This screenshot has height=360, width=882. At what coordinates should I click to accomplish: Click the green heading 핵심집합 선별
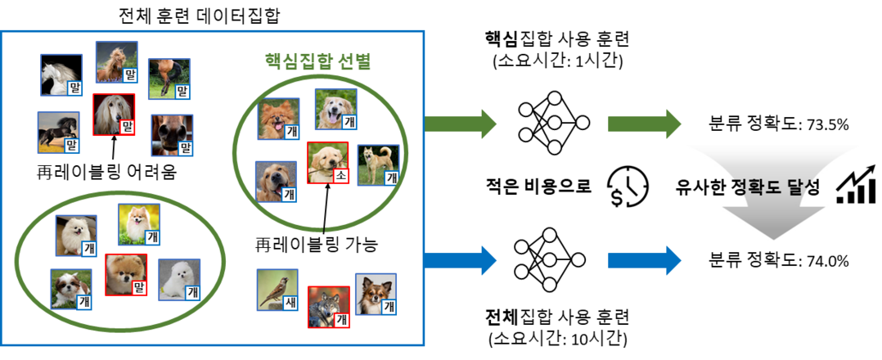point(317,61)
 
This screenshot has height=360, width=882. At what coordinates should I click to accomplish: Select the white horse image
point(62,75)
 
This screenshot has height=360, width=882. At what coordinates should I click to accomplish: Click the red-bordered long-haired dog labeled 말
point(114,114)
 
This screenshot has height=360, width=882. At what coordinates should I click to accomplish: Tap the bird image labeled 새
point(277,289)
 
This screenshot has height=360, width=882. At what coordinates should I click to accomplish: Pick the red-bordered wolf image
point(328,306)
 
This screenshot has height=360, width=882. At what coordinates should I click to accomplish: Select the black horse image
point(58,133)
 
